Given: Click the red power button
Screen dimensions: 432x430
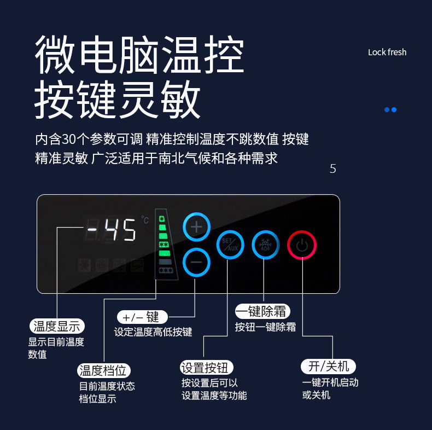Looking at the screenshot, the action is pos(302,245).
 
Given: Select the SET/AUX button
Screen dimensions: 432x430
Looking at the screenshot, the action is pos(230,245).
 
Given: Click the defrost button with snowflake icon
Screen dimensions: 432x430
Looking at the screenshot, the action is pos(266,245).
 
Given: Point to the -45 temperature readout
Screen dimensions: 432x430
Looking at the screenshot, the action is pos(112,230).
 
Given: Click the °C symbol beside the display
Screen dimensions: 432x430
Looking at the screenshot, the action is pos(145,220).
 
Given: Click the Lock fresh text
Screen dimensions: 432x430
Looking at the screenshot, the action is pos(387,53).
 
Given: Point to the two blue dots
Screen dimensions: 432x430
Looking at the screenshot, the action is pos(390,109).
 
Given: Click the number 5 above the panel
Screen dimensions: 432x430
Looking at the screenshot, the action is pos(332,168).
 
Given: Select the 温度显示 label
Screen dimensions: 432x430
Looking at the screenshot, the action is pos(57,327).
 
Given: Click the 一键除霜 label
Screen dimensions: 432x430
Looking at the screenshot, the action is pos(262,312).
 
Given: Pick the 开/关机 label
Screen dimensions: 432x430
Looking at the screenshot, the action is pos(329,366).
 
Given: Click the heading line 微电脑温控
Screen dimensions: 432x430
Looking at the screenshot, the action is pos(139,56).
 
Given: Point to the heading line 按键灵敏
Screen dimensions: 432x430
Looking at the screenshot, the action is pos(118,101).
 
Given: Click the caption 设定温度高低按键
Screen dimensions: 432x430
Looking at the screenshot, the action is pos(153,332).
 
